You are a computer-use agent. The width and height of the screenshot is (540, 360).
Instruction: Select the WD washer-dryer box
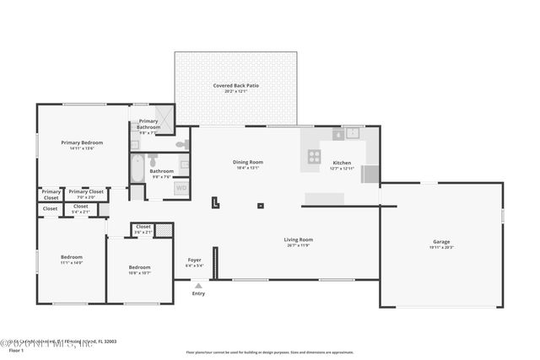[181, 189]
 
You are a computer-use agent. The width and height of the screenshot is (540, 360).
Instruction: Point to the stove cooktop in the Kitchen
[314, 156]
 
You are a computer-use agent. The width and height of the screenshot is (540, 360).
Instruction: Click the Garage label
[441, 242]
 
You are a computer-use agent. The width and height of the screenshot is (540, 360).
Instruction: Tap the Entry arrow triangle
[198, 286]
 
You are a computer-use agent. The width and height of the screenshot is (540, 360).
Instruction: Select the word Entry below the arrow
[198, 293]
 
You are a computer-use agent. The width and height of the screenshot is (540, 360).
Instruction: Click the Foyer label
[194, 260]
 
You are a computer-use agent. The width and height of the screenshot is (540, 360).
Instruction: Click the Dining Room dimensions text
[248, 168]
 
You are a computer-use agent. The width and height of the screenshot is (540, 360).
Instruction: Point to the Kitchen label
[342, 162]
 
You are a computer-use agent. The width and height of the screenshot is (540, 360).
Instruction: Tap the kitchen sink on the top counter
[350, 133]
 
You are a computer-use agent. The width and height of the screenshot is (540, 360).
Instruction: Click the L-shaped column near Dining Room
[216, 201]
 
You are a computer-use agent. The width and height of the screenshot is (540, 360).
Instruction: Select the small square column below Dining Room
[260, 205]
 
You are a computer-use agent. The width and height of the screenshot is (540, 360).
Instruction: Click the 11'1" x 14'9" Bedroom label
[71, 257]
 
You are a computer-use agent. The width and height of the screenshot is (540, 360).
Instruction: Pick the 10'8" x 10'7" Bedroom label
[139, 267]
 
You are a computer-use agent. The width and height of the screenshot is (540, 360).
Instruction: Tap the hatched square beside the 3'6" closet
[164, 229]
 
